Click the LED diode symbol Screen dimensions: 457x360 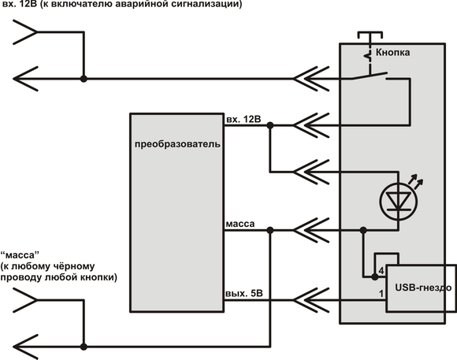pyautogui.click(x=398, y=201)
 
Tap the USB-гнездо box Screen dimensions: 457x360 pyautogui.click(x=422, y=288)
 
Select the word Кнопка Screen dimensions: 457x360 pyautogui.click(x=392, y=53)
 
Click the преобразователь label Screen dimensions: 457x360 pyautogui.click(x=177, y=145)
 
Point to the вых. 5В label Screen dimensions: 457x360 pyautogui.click(x=244, y=293)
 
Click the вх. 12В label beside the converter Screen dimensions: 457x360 pyautogui.click(x=243, y=119)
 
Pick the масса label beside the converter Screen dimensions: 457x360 pyautogui.click(x=240, y=225)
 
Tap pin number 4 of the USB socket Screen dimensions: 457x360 pyautogui.click(x=381, y=271)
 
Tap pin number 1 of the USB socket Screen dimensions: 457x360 pyautogui.click(x=381, y=294)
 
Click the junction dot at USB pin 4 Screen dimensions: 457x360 pyautogui.click(x=375, y=277)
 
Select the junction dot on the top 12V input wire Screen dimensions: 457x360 pyautogui.click(x=84, y=79)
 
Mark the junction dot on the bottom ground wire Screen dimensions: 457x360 pyautogui.click(x=84, y=347)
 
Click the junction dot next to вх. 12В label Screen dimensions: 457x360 pyautogui.click(x=270, y=125)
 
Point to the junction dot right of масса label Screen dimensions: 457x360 pyautogui.click(x=270, y=230)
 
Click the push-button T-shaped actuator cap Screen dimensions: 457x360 pyautogui.click(x=370, y=35)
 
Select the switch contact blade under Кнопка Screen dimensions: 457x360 pyautogui.click(x=370, y=76)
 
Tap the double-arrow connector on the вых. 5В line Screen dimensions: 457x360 pyautogui.click(x=311, y=300)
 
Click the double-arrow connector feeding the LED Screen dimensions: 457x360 pyautogui.click(x=311, y=172)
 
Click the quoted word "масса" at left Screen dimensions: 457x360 pyautogui.click(x=20, y=255)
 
